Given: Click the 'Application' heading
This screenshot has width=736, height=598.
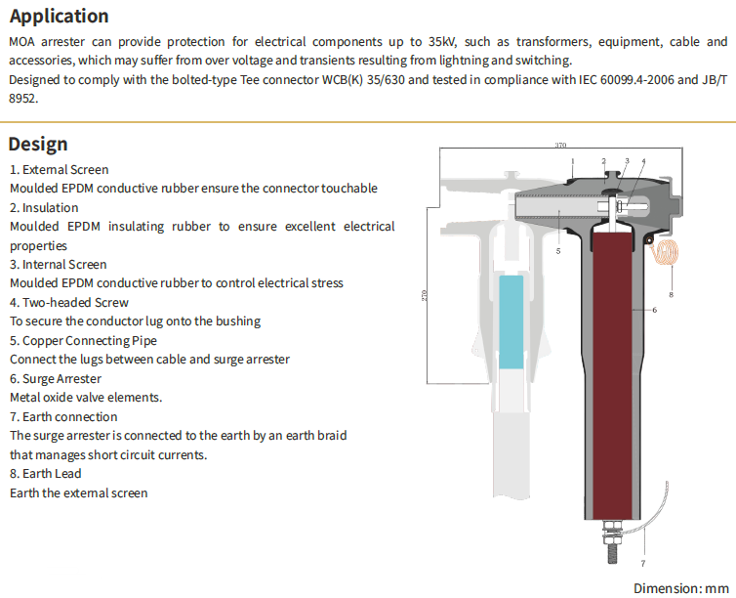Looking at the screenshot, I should (59, 17).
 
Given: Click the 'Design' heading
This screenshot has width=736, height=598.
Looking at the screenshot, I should (38, 144).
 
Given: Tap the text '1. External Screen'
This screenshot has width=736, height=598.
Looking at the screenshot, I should (59, 170).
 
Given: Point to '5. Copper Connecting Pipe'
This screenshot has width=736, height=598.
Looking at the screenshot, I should (83, 341).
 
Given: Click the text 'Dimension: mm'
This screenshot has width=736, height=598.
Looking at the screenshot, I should (681, 588).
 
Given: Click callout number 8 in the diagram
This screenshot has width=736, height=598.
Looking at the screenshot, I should (672, 294).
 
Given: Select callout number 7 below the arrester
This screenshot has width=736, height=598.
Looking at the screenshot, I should (642, 565).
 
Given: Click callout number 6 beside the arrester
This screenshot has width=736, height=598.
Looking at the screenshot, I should (654, 311).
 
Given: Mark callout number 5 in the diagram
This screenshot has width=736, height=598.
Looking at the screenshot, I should (557, 251).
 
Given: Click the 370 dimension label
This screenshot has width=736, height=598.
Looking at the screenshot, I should (560, 146).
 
